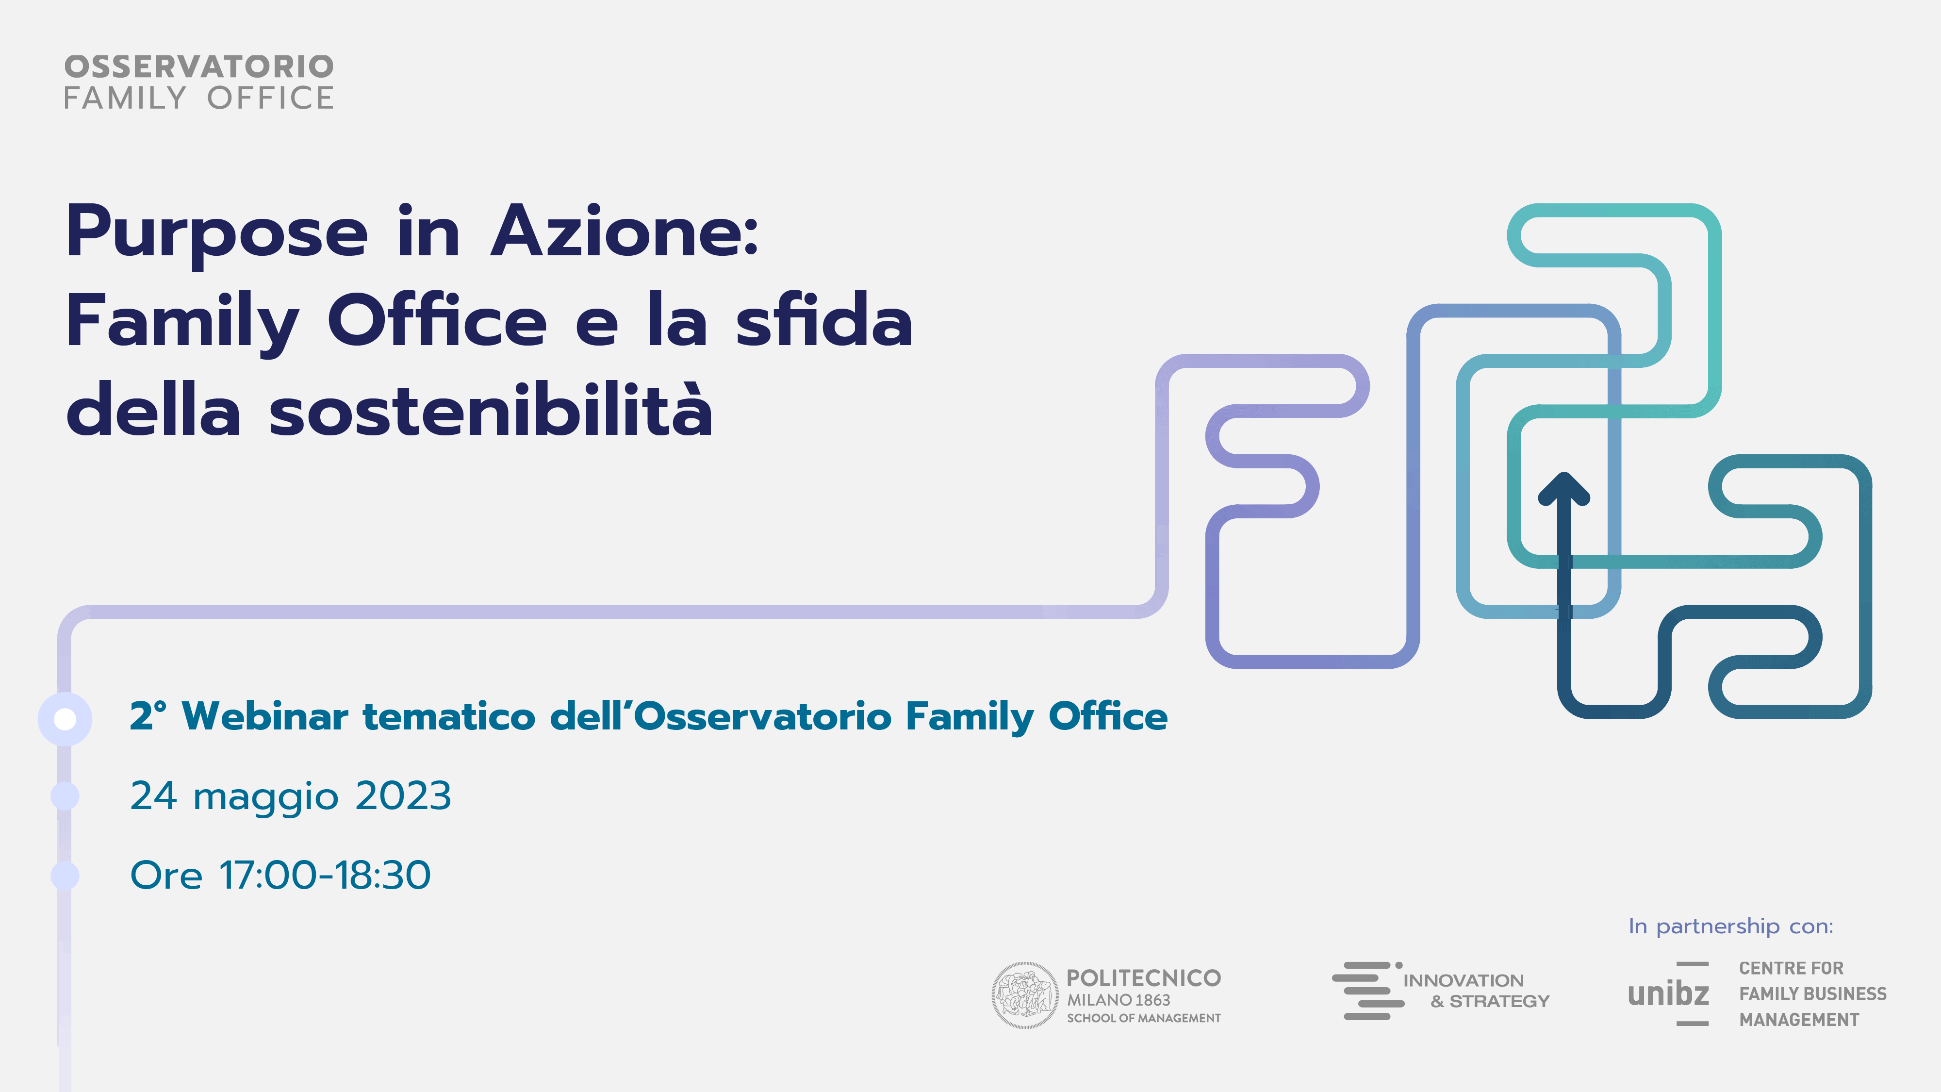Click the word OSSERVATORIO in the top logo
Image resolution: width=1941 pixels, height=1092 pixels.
pyautogui.click(x=199, y=66)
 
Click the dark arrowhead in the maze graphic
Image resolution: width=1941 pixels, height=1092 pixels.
pyautogui.click(x=1564, y=488)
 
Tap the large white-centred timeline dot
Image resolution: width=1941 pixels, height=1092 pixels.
pyautogui.click(x=66, y=719)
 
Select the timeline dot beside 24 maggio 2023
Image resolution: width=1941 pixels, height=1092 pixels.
pyautogui.click(x=66, y=796)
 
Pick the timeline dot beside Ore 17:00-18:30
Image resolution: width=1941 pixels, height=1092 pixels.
pyautogui.click(x=66, y=875)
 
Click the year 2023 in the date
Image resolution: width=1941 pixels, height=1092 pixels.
pyautogui.click(x=403, y=796)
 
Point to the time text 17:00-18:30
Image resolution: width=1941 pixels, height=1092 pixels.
pyautogui.click(x=325, y=875)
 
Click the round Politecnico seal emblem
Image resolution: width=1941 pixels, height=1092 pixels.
pyautogui.click(x=1024, y=995)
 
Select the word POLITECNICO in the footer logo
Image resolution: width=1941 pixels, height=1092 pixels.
pyautogui.click(x=1144, y=978)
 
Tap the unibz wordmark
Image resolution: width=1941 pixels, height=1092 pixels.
pyautogui.click(x=1668, y=994)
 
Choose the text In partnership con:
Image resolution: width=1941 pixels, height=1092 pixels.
pyautogui.click(x=1731, y=926)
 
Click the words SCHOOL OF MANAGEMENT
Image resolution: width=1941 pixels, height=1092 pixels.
pyautogui.click(x=1144, y=1018)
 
